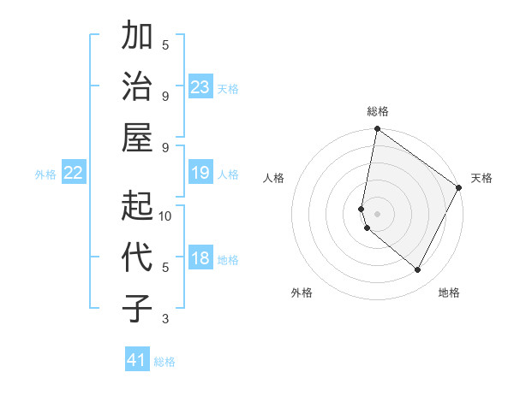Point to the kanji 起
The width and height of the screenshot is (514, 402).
pyautogui.click(x=138, y=205)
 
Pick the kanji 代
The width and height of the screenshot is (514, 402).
pyautogui.click(x=138, y=257)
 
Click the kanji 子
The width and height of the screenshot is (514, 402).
pyautogui.click(x=138, y=308)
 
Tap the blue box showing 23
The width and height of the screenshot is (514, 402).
pyautogui.click(x=200, y=87)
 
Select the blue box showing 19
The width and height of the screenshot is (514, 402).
pyautogui.click(x=200, y=174)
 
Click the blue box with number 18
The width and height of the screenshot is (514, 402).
pyautogui.click(x=200, y=259)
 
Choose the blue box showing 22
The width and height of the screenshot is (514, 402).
pyautogui.click(x=74, y=174)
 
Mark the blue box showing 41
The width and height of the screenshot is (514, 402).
pyautogui.click(x=137, y=360)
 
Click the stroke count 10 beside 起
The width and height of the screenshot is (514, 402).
pyautogui.click(x=165, y=216)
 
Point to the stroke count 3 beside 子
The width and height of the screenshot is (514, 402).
pyautogui.click(x=165, y=319)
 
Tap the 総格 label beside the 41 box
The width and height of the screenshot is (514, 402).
pyautogui.click(x=164, y=362)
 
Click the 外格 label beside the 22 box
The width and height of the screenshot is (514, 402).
pyautogui.click(x=45, y=174)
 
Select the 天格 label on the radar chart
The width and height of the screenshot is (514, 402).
pyautogui.click(x=481, y=178)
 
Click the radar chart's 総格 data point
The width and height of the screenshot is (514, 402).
pyautogui.click(x=377, y=130)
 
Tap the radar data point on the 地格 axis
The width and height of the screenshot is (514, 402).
pyautogui.click(x=418, y=270)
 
